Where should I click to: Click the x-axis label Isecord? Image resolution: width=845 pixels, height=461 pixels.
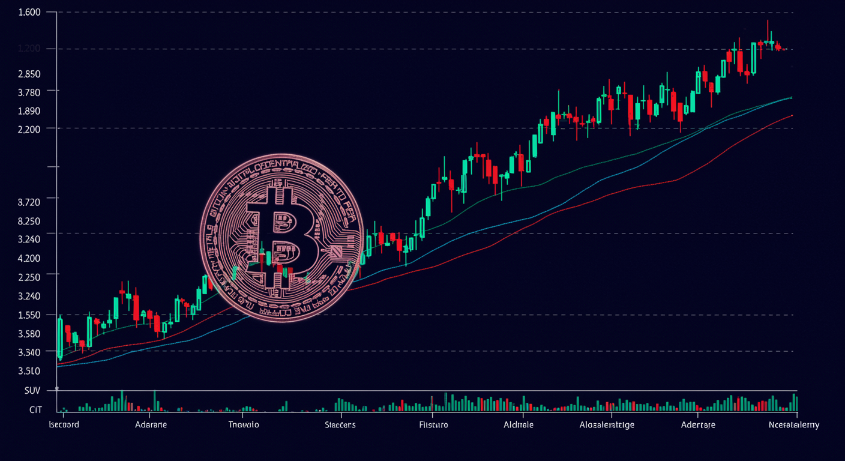[64, 424]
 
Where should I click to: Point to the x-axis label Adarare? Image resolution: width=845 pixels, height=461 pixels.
[151, 424]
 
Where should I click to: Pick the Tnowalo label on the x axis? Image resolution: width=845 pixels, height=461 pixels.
[244, 424]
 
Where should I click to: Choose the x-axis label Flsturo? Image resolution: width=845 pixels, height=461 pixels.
[433, 424]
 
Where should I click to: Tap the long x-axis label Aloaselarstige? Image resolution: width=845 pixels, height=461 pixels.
[607, 424]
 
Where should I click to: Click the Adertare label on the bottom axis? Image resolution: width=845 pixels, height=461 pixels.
[698, 424]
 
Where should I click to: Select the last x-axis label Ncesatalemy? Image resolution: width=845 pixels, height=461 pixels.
[793, 424]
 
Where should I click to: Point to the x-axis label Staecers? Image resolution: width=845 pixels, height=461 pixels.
[340, 424]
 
